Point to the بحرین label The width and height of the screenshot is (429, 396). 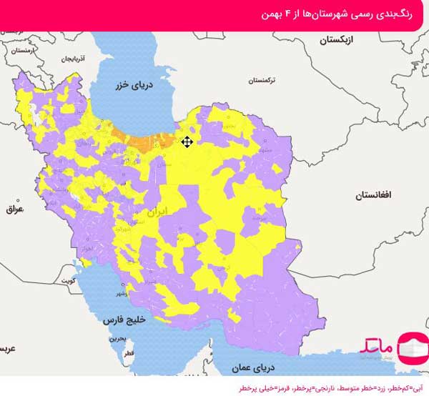pos(118,337)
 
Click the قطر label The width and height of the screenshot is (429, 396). pos(129,354)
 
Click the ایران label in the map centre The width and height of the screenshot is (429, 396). pos(156,212)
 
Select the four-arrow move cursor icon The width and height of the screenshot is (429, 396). pos(187,142)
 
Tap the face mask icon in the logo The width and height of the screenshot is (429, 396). pos(410,348)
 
